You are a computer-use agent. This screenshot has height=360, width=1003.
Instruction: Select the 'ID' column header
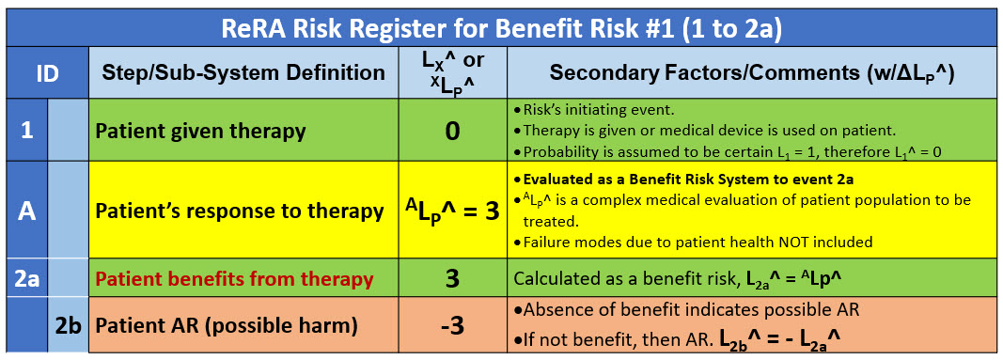(46, 72)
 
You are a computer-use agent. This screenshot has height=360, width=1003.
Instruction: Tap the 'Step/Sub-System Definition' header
(243, 72)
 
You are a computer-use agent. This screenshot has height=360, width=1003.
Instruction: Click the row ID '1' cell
(26, 131)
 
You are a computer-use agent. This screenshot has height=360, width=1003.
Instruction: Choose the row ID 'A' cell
(26, 211)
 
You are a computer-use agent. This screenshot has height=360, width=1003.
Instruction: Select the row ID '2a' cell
(26, 278)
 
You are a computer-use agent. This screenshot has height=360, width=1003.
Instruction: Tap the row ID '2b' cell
(67, 325)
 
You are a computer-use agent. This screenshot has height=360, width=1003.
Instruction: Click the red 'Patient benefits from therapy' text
(234, 279)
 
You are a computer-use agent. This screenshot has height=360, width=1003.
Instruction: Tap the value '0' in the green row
(453, 132)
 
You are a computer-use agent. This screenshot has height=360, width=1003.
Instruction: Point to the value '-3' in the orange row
(453, 326)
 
